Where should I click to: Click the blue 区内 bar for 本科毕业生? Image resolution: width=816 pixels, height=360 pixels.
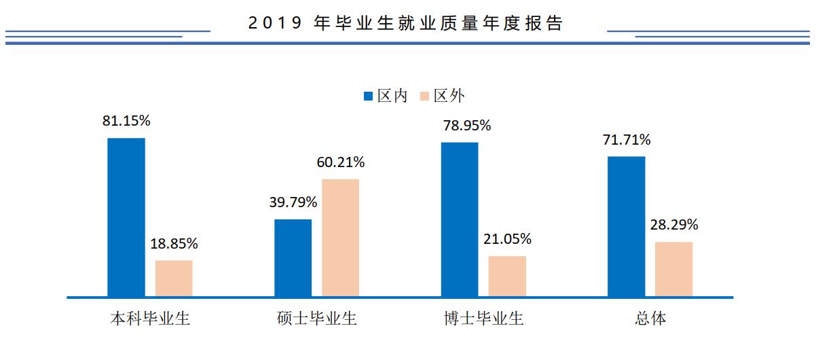(126, 217)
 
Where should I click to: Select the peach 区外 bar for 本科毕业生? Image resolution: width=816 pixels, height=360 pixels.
(174, 278)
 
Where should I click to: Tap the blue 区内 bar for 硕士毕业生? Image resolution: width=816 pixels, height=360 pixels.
(293, 258)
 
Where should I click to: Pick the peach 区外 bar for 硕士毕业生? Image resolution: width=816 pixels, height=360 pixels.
(340, 238)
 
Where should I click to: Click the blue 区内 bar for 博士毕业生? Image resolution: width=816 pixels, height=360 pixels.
(460, 219)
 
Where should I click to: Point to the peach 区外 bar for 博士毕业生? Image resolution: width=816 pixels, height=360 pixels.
(507, 276)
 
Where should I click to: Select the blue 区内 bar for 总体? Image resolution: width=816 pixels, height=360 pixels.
(626, 226)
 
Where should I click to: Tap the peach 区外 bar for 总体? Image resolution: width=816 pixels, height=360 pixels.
(673, 269)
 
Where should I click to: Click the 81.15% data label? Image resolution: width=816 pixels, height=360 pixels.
(126, 121)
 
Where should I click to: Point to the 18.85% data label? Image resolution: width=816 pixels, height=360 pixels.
(174, 243)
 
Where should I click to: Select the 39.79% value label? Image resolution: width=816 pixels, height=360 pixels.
(293, 202)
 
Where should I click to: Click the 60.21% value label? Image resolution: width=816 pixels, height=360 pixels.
(341, 162)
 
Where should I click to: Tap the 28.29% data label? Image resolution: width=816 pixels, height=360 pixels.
(673, 225)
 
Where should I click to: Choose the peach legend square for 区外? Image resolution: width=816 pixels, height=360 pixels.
(425, 96)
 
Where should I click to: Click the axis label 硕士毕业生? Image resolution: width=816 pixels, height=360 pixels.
(317, 319)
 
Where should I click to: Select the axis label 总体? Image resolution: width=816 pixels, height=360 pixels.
(649, 319)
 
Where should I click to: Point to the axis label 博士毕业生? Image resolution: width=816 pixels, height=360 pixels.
(483, 319)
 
